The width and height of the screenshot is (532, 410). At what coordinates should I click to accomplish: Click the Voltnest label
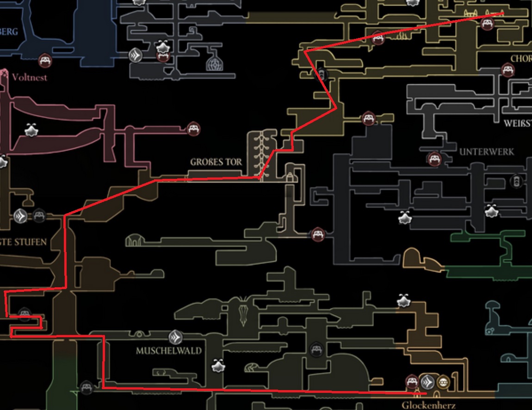(x=30, y=77)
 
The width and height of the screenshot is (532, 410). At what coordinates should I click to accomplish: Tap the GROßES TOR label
(x=216, y=162)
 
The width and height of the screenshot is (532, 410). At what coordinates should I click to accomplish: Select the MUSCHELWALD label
(x=169, y=351)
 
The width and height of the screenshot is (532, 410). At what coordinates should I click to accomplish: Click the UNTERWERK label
(x=486, y=152)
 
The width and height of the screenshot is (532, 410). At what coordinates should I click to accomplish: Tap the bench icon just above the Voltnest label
(x=45, y=60)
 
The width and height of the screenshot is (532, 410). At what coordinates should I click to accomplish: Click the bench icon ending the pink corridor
(x=193, y=128)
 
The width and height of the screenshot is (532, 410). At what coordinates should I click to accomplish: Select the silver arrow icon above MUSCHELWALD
(x=175, y=336)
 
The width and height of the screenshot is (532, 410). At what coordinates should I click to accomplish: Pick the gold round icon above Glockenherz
(x=443, y=382)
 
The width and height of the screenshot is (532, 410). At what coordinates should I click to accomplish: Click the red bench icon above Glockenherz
(x=412, y=382)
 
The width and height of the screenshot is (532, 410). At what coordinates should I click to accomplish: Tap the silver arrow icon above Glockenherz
(x=427, y=382)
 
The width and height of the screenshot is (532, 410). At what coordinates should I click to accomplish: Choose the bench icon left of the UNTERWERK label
(x=433, y=159)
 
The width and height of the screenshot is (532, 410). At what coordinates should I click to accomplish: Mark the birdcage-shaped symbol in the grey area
(x=214, y=63)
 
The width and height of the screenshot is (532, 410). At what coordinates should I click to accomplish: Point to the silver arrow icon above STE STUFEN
(x=21, y=215)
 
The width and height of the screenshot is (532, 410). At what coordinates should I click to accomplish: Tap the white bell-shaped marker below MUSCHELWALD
(x=218, y=366)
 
